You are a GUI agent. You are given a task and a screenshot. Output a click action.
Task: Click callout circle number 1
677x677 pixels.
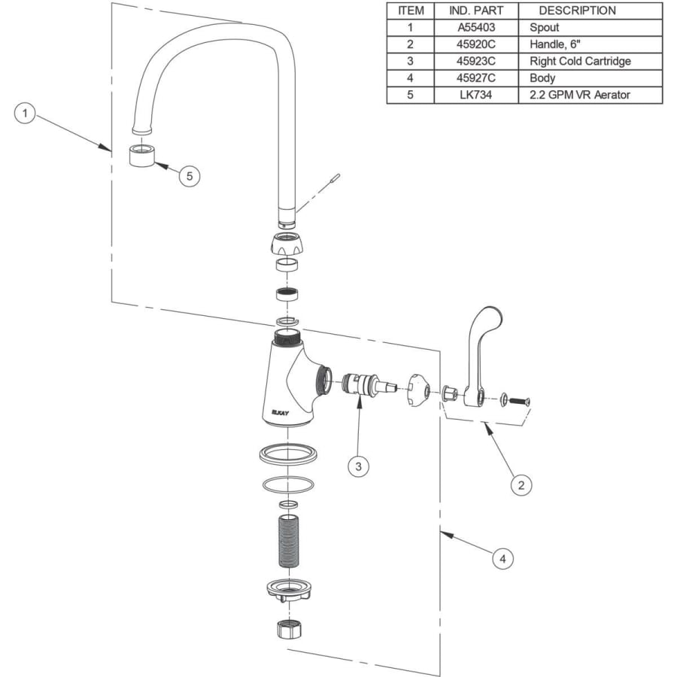(25, 114)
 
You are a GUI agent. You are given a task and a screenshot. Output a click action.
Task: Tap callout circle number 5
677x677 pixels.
(189, 176)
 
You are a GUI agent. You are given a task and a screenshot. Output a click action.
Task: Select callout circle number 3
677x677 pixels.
(358, 466)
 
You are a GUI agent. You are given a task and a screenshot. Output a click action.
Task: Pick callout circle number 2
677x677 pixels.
(521, 485)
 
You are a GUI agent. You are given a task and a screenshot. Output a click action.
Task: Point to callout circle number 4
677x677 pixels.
(502, 559)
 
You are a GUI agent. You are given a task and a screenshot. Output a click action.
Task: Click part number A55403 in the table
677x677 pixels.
(476, 28)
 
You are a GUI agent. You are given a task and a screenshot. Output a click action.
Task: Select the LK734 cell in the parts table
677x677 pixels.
(476, 95)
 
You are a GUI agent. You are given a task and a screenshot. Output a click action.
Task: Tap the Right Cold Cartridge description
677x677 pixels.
(580, 62)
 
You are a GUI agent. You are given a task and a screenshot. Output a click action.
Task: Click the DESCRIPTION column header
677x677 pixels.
(577, 11)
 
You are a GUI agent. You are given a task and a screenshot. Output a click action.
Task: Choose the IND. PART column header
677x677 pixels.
(476, 11)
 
